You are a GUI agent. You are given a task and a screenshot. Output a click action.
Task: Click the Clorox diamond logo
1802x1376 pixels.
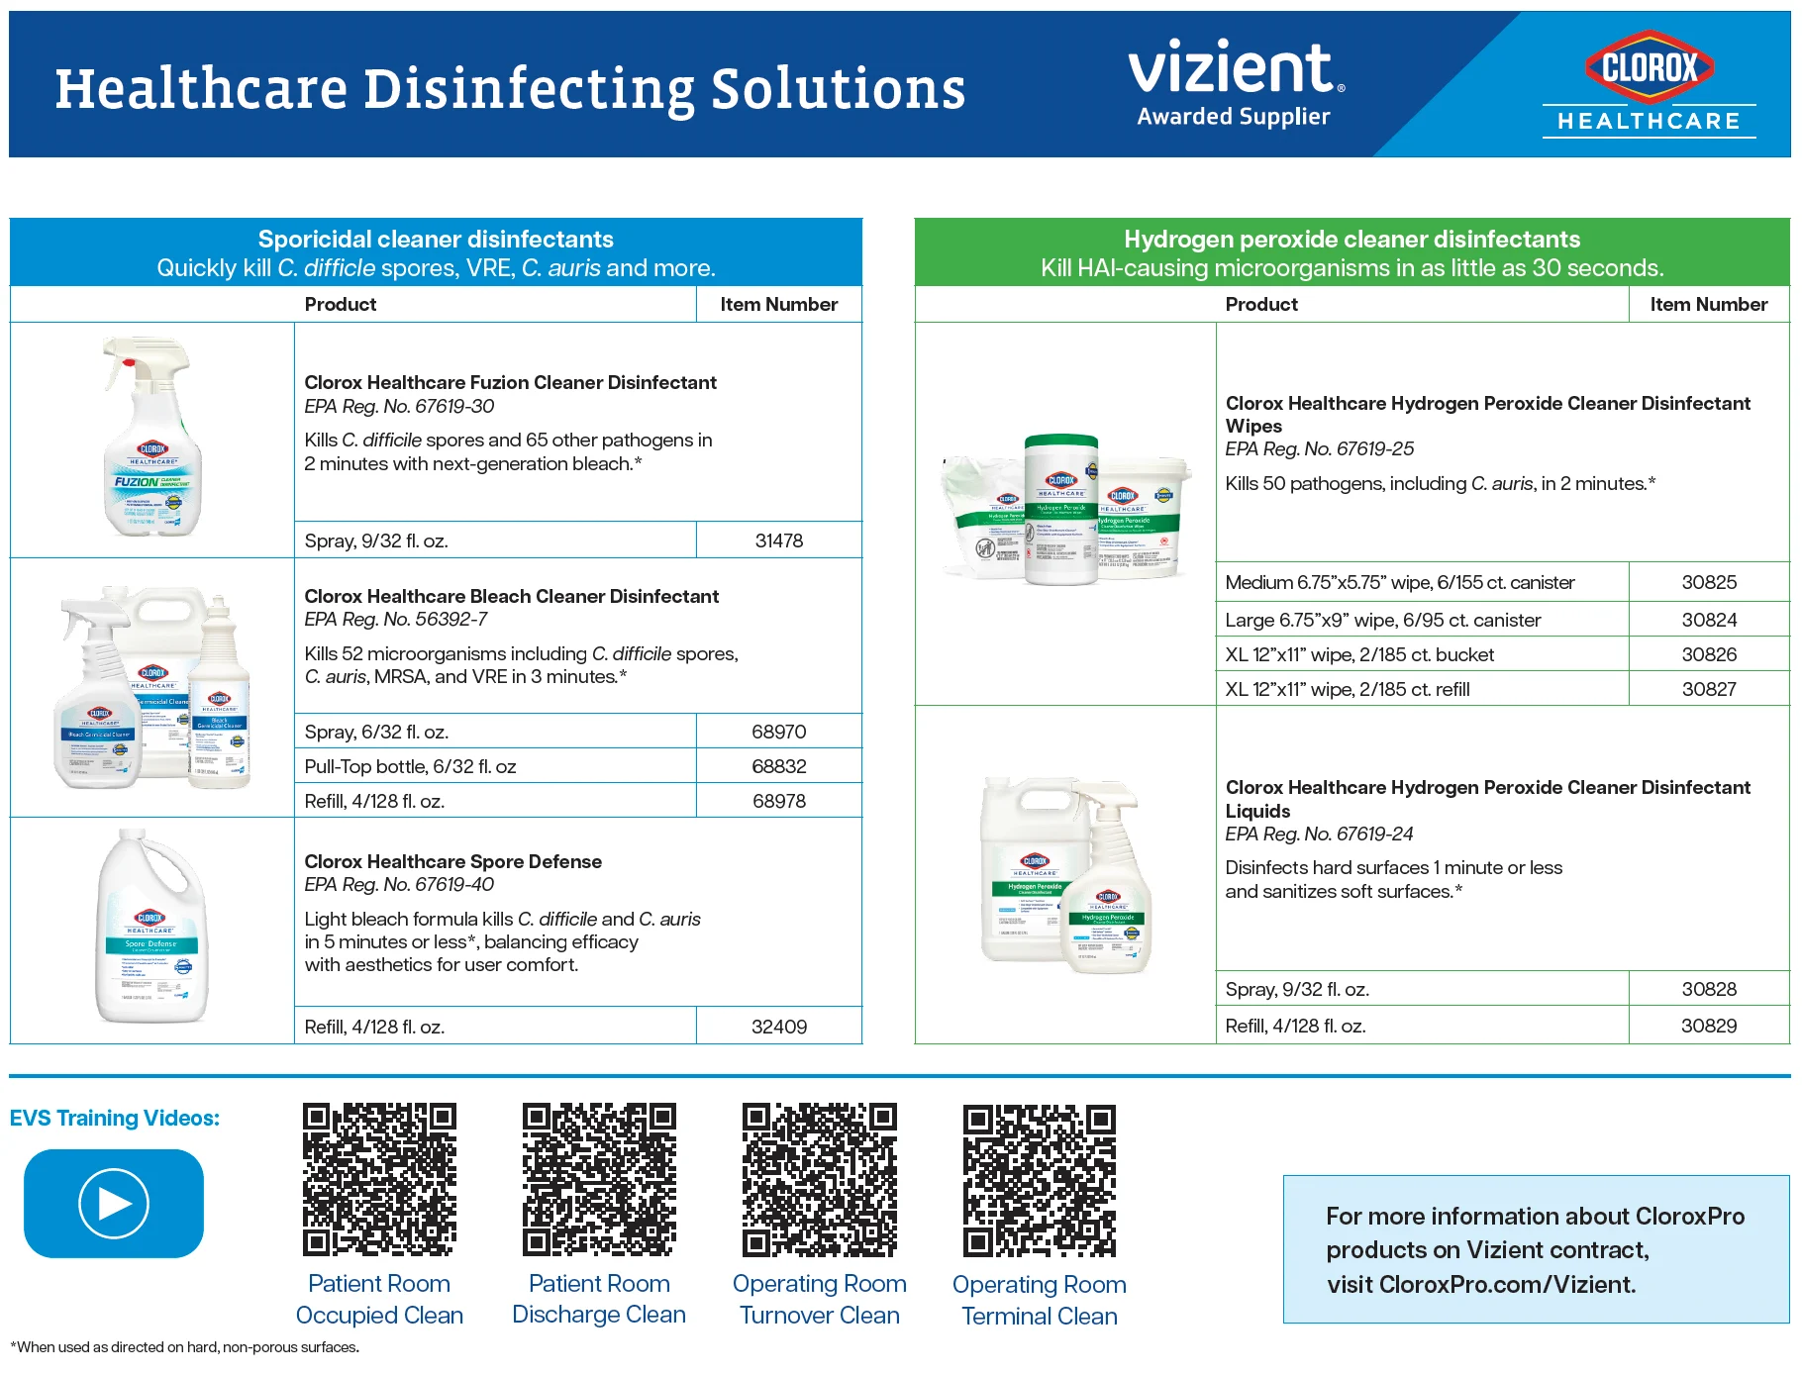(x=1650, y=67)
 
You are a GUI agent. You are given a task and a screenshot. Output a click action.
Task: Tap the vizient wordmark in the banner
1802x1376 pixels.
(x=1234, y=67)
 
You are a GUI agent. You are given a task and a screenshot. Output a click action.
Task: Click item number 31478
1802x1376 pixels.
(x=778, y=541)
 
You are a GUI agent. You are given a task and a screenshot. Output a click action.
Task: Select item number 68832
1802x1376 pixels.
(x=778, y=766)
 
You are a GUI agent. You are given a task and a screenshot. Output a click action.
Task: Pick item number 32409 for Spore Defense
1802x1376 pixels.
(x=778, y=1027)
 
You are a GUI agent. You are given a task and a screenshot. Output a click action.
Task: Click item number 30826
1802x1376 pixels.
(x=1708, y=654)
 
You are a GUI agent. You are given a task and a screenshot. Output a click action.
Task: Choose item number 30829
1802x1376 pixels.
(x=1708, y=1026)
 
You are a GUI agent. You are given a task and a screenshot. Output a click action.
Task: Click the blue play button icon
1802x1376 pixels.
(x=114, y=1203)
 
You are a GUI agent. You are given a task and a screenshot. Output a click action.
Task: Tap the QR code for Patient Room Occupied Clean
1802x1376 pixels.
(x=379, y=1180)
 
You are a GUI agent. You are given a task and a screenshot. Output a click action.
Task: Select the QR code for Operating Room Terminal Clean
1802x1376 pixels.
(x=1039, y=1181)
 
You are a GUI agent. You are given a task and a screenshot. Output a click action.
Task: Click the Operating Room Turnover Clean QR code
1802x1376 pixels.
(x=819, y=1180)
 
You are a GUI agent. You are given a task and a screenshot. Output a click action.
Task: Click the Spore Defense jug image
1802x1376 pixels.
(x=150, y=927)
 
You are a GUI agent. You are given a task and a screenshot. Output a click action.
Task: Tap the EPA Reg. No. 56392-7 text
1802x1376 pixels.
(x=396, y=619)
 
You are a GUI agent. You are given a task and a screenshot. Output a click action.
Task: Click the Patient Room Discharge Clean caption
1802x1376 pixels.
(x=599, y=1299)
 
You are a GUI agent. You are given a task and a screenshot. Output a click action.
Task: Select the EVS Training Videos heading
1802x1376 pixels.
(x=115, y=1118)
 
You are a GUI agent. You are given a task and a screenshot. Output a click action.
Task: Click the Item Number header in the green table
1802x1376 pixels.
(x=1708, y=304)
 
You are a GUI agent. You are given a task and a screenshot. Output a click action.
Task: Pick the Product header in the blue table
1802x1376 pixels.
(x=340, y=304)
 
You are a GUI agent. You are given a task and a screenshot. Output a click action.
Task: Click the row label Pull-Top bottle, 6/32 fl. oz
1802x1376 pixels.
(x=410, y=766)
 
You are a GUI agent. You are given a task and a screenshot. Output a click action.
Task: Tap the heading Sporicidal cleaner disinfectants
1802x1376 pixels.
(x=436, y=240)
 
